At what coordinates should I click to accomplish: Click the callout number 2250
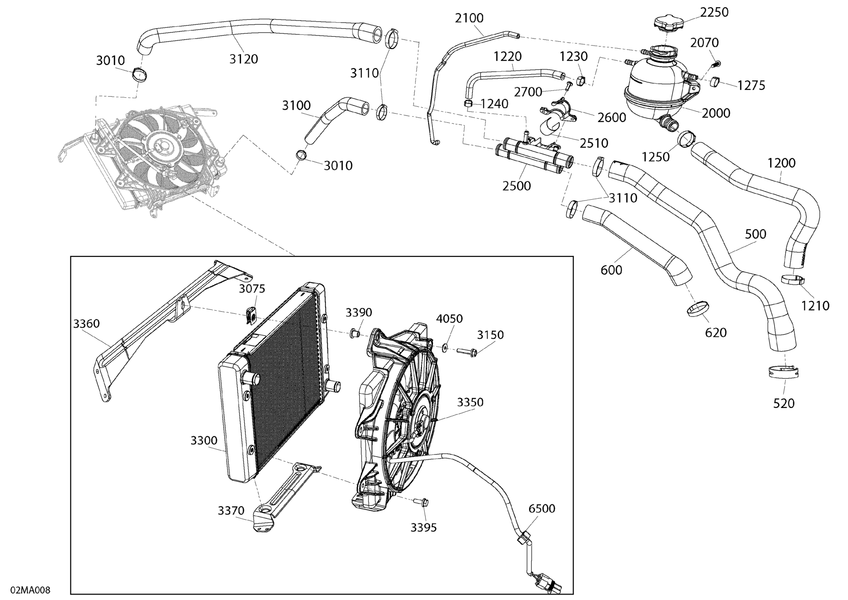[x=714, y=13]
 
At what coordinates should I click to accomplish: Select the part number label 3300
[x=204, y=440]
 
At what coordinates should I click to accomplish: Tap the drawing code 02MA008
[x=30, y=590]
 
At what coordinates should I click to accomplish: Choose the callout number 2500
[x=516, y=186]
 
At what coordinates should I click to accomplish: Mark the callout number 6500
[x=541, y=508]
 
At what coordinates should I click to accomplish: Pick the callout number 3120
[x=243, y=59]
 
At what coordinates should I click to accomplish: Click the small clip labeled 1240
[x=468, y=103]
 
